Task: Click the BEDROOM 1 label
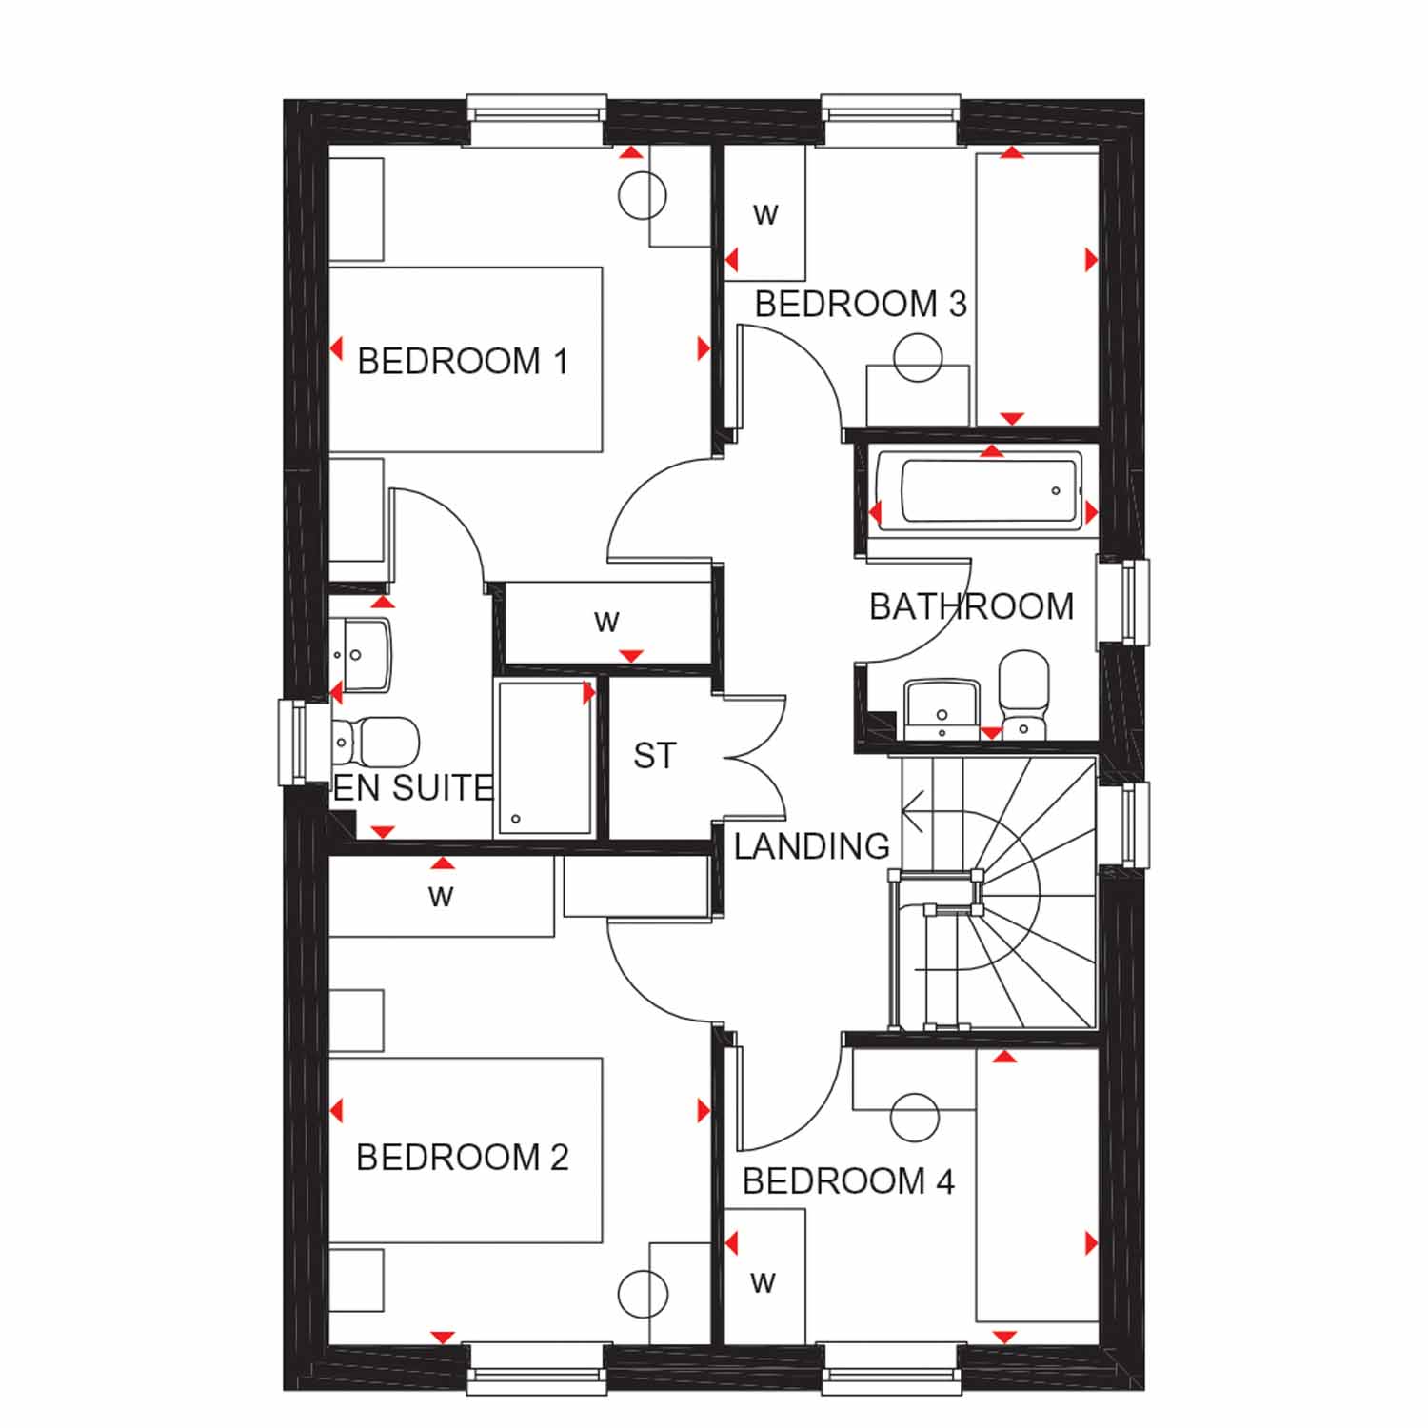pyautogui.click(x=463, y=362)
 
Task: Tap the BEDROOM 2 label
pyautogui.click(x=463, y=1158)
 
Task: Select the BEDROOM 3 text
pyautogui.click(x=861, y=305)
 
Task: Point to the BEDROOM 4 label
pyautogui.click(x=848, y=1181)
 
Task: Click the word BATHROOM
pyautogui.click(x=972, y=606)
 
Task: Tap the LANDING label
pyautogui.click(x=812, y=846)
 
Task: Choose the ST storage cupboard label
pyautogui.click(x=655, y=756)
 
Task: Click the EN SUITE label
pyautogui.click(x=413, y=788)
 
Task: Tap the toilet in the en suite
pyautogui.click(x=376, y=741)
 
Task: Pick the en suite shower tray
pyautogui.click(x=545, y=759)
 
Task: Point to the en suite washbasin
pyautogui.click(x=362, y=655)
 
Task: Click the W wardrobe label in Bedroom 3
pyautogui.click(x=765, y=215)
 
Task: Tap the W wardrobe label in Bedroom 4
pyautogui.click(x=763, y=1283)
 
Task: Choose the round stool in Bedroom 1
pyautogui.click(x=643, y=196)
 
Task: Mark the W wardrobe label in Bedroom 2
pyautogui.click(x=441, y=896)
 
